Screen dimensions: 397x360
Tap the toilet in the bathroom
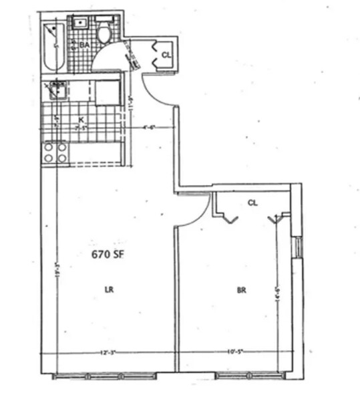point(104,34)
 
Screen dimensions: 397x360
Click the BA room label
point(85,45)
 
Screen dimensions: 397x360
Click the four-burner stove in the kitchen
point(54,153)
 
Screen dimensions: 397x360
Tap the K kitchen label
point(81,120)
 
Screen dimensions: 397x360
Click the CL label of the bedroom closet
point(252,202)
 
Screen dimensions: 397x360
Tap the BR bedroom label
point(241,290)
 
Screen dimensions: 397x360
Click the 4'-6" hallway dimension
point(149,127)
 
